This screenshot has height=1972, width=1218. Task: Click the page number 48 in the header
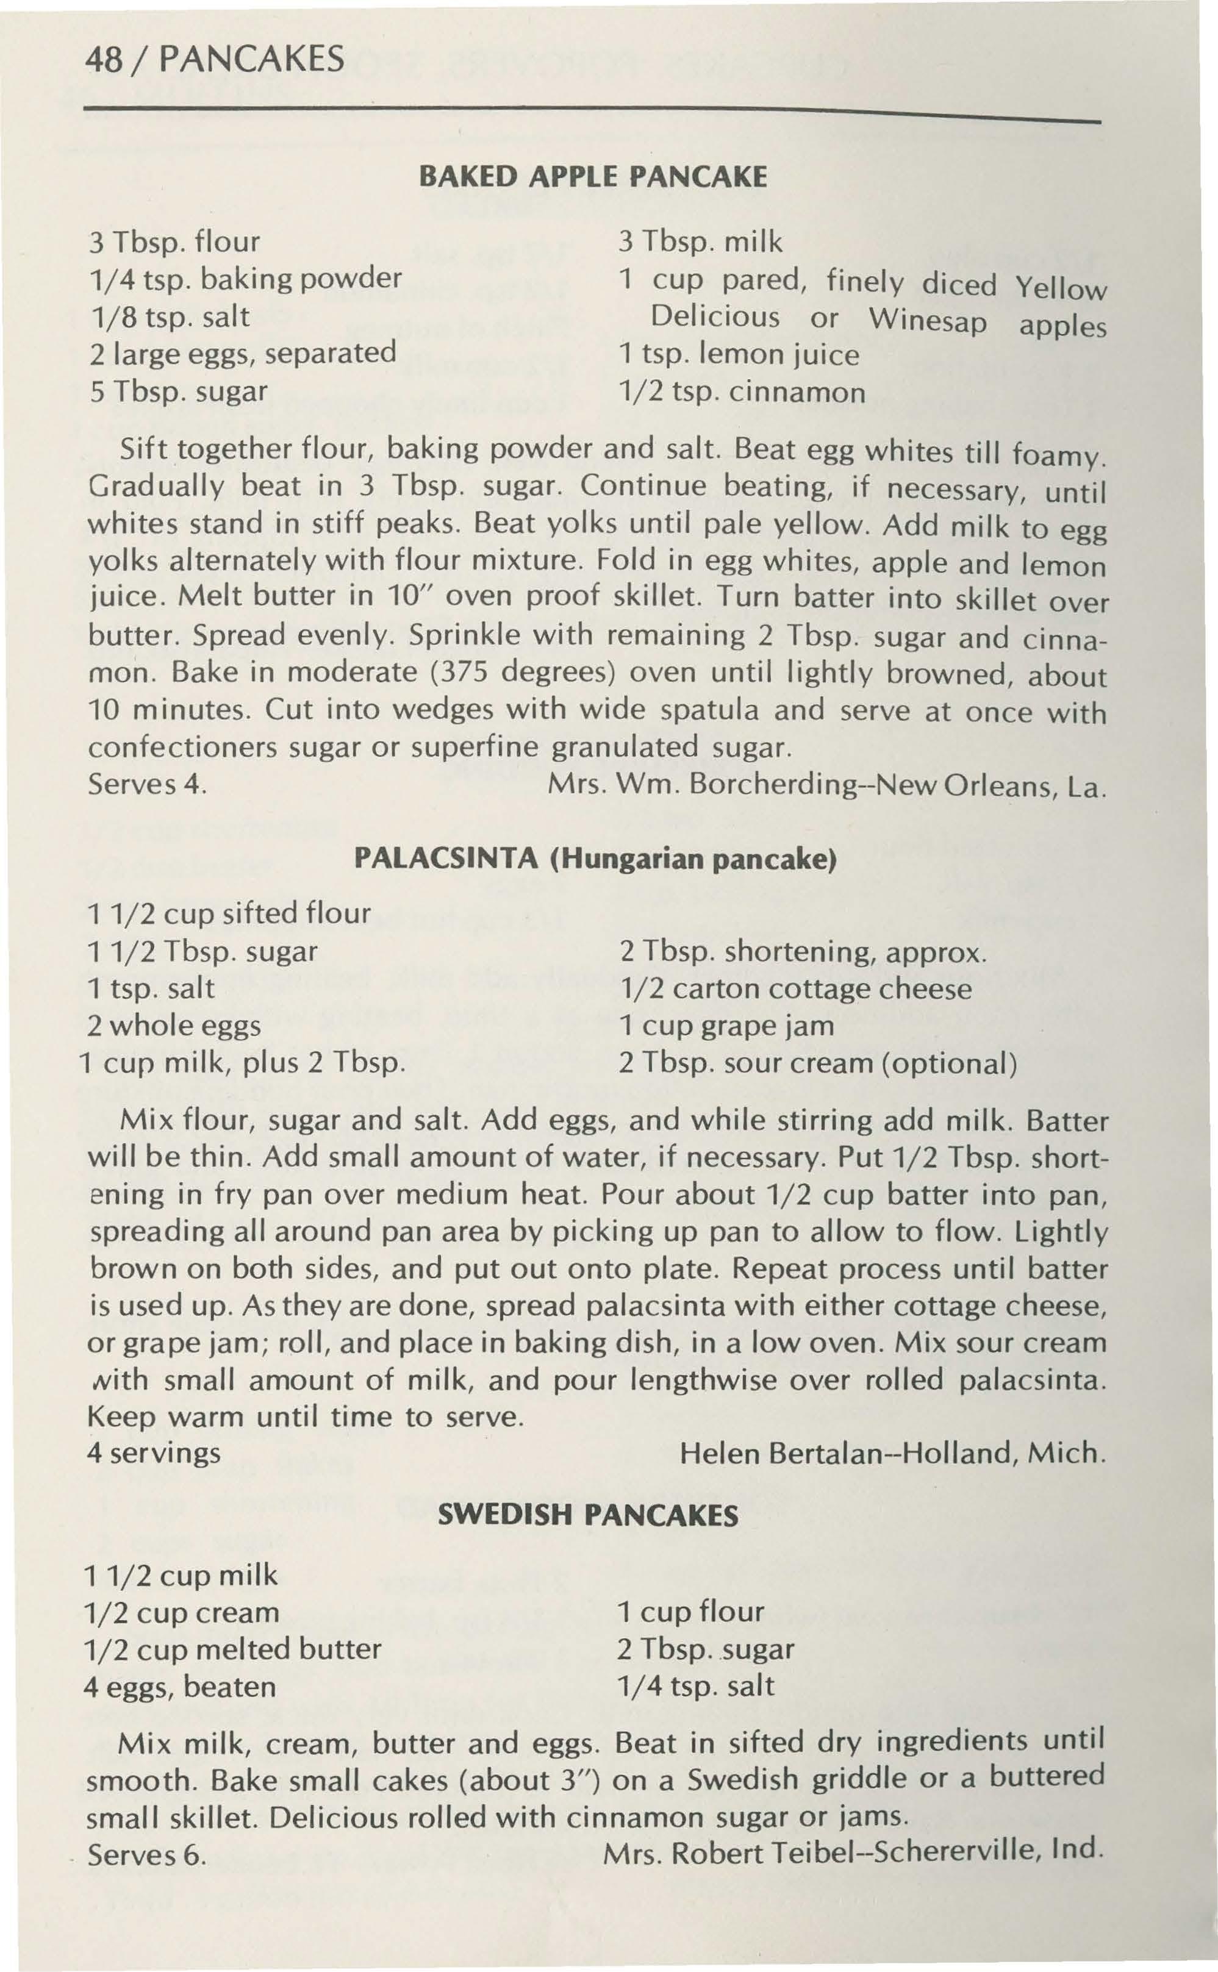click(107, 59)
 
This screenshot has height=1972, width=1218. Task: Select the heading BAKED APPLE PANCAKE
click(593, 176)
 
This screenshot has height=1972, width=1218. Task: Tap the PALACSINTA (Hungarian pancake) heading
click(596, 860)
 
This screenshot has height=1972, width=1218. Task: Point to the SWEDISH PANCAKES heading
click(587, 1517)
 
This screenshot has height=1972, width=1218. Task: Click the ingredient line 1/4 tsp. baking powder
click(245, 279)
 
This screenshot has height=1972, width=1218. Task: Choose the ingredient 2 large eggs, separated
click(243, 352)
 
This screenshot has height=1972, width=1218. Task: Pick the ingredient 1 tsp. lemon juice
click(739, 354)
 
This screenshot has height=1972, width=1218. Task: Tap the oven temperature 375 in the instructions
click(465, 673)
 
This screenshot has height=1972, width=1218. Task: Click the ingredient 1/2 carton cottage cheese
click(795, 989)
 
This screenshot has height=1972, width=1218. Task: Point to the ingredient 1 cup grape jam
click(726, 1026)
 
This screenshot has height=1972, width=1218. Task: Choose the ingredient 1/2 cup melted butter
click(232, 1648)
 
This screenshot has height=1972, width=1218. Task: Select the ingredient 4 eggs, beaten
click(180, 1685)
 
